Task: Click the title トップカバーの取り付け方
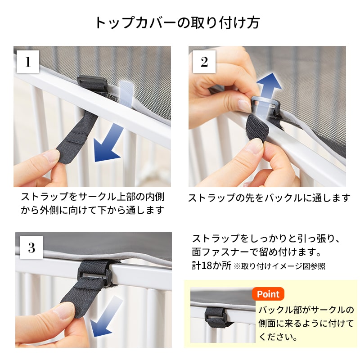point(177,22)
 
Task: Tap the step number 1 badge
point(28,62)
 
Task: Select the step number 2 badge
point(204,62)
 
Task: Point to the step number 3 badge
point(31,247)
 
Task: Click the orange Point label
point(268,294)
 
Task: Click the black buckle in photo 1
point(92,83)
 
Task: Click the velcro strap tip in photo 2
point(256,127)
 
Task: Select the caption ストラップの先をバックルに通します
point(269,198)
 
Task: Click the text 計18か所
point(211,265)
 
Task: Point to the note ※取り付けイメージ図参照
point(279,266)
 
